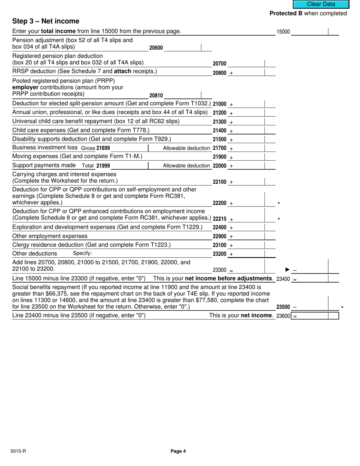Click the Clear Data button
coord(321,4)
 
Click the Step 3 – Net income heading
coord(46,21)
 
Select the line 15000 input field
coord(309,32)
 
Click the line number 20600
coord(156,48)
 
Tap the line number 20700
coord(219,64)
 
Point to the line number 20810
coord(156,96)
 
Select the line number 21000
coord(219,104)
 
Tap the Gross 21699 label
coord(95,148)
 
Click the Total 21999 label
coord(96,166)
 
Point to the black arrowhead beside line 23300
coord(288,270)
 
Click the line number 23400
coord(283,279)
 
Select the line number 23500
coord(283,307)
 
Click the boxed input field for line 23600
coord(315,316)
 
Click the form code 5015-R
coord(18,451)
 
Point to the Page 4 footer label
coord(178,451)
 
